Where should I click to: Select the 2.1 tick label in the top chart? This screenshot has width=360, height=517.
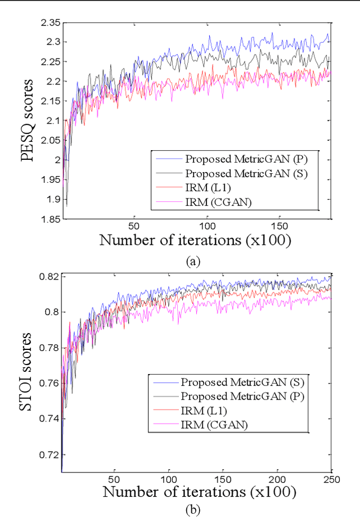coord(52,121)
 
